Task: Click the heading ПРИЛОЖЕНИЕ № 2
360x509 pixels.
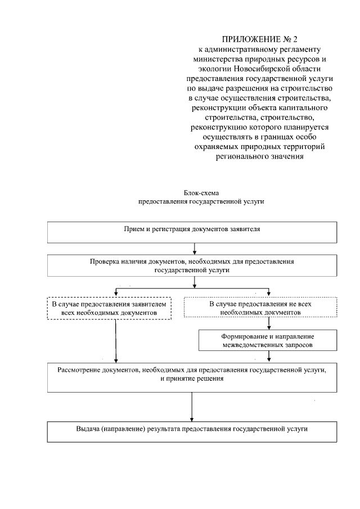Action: (259, 39)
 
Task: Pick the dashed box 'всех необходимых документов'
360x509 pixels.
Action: (109, 308)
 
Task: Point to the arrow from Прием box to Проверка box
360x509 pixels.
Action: (194, 249)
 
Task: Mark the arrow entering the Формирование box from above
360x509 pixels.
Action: (269, 325)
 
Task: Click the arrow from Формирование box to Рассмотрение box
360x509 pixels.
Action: (269, 355)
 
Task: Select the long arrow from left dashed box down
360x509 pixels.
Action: (116, 340)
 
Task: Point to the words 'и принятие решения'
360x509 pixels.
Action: (192, 379)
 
